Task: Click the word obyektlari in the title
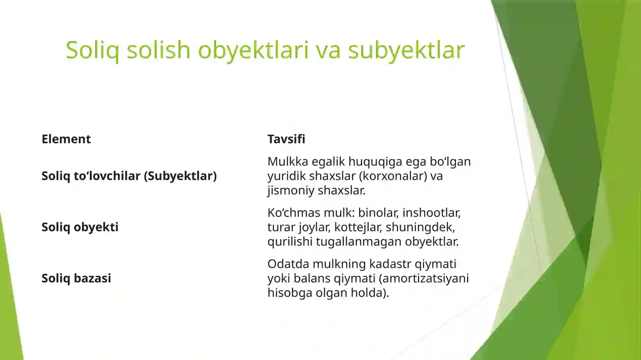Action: click(x=253, y=50)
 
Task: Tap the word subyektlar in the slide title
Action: click(x=406, y=50)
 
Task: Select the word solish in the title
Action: click(x=158, y=50)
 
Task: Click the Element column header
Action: click(x=66, y=139)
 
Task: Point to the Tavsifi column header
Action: click(x=286, y=139)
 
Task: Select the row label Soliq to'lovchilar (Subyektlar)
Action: click(x=129, y=176)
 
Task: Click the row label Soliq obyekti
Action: click(x=80, y=227)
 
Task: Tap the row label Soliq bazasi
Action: click(x=76, y=278)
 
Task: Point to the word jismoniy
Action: click(x=291, y=190)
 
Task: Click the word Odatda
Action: click(x=288, y=264)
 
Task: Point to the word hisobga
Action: click(x=290, y=293)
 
